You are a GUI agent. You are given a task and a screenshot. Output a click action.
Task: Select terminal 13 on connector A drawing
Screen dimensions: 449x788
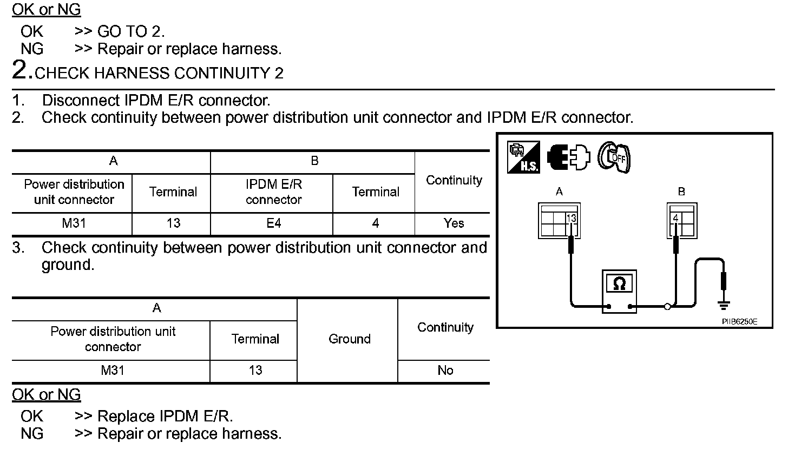tap(571, 218)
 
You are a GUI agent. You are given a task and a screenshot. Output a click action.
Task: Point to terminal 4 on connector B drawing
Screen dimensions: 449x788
tap(675, 218)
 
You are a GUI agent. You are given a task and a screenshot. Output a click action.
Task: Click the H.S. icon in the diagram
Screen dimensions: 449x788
tap(523, 157)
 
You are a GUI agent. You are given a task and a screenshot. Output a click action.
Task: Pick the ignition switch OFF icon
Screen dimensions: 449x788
tap(614, 157)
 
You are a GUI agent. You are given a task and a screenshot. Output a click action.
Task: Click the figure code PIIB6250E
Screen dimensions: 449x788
tap(739, 321)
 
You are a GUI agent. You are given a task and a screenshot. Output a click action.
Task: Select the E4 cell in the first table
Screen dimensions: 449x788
tap(274, 223)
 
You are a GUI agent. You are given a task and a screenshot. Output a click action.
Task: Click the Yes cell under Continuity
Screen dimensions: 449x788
tap(454, 223)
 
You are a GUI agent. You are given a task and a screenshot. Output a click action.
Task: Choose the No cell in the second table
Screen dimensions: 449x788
tap(445, 371)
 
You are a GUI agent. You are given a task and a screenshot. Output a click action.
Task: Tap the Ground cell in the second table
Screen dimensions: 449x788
tap(349, 339)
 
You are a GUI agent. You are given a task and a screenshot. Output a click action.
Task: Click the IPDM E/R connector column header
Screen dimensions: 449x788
tap(274, 192)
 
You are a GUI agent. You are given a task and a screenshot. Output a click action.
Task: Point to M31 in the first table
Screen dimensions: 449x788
tap(74, 223)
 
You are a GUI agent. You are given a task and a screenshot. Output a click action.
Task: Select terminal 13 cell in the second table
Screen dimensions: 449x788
tap(255, 371)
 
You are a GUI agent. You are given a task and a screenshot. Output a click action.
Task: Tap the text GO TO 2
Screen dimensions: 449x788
tap(130, 32)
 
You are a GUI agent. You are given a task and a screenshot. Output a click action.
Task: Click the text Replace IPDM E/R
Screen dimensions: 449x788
tap(165, 417)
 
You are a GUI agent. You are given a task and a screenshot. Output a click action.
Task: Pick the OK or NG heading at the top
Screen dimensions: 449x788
tap(47, 9)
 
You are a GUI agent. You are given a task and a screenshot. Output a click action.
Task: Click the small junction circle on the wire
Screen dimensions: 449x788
tap(667, 307)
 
